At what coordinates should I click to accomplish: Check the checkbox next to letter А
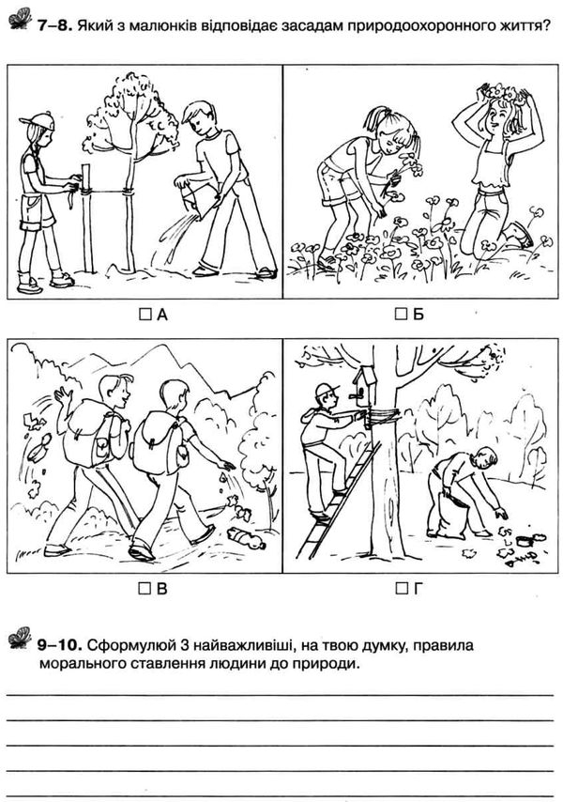pyautogui.click(x=145, y=314)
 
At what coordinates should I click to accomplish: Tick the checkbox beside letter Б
pyautogui.click(x=401, y=314)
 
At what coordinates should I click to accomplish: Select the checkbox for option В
pyautogui.click(x=145, y=589)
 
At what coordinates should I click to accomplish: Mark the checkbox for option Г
pyautogui.click(x=402, y=589)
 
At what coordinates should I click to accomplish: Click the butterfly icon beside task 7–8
pyautogui.click(x=20, y=19)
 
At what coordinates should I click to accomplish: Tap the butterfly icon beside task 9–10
pyautogui.click(x=20, y=638)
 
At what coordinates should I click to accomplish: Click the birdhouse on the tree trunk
pyautogui.click(x=364, y=387)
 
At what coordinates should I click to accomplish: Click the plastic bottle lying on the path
pyautogui.click(x=247, y=537)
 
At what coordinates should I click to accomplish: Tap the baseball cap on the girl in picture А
pyautogui.click(x=37, y=121)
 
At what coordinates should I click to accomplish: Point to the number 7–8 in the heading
pyautogui.click(x=53, y=25)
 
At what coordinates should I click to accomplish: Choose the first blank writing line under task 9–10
pyautogui.click(x=280, y=695)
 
